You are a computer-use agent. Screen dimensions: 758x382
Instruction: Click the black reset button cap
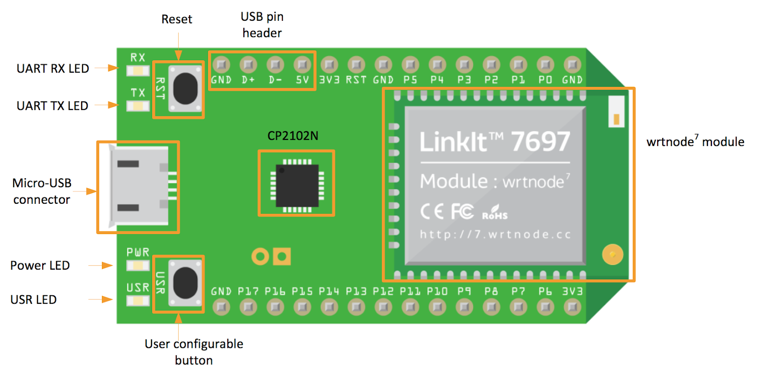pyautogui.click(x=185, y=89)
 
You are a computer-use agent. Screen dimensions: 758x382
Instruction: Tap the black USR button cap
pyautogui.click(x=185, y=283)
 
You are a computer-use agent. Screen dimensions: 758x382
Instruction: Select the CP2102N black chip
pyautogui.click(x=297, y=186)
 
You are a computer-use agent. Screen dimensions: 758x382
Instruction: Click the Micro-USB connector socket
pyautogui.click(x=139, y=186)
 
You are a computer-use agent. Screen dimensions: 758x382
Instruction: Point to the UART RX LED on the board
pyautogui.click(x=138, y=71)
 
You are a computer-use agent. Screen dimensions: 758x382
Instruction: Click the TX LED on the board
pyautogui.click(x=138, y=106)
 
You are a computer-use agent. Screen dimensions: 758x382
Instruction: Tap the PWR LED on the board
pyautogui.click(x=138, y=265)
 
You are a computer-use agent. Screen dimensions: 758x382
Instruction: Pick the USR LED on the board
pyautogui.click(x=138, y=301)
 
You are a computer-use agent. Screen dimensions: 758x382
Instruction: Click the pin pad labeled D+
pyautogui.click(x=248, y=64)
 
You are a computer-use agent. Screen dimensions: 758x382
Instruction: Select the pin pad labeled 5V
pyautogui.click(x=302, y=64)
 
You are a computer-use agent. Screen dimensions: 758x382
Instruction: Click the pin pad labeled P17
pyautogui.click(x=248, y=307)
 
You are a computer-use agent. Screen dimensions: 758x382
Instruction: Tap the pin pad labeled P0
pyautogui.click(x=545, y=64)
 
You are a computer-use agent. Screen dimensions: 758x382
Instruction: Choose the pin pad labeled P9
pyautogui.click(x=464, y=307)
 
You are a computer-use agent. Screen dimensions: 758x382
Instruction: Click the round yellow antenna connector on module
pyautogui.click(x=613, y=255)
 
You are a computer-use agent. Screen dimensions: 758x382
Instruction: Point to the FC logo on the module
pyautogui.click(x=462, y=212)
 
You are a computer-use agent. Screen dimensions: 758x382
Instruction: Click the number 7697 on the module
pyautogui.click(x=540, y=142)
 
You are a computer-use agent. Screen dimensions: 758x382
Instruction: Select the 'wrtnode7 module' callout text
pyautogui.click(x=695, y=142)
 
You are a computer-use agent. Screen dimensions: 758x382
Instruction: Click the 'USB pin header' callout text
pyautogui.click(x=262, y=25)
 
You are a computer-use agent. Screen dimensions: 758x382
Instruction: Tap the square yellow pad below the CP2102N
pyautogui.click(x=282, y=256)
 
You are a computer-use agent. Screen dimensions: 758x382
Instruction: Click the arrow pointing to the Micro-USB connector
pyautogui.click(x=85, y=191)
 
